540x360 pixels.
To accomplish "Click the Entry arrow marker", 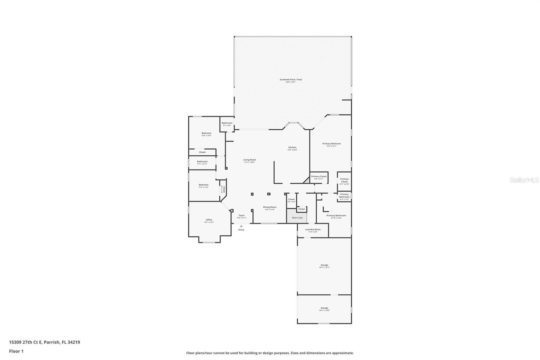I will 241,226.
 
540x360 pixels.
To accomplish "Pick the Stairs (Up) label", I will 297,218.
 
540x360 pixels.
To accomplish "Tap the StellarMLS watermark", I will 524,180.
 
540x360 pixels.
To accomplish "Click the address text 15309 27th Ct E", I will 45,342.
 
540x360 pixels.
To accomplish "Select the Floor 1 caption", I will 16,351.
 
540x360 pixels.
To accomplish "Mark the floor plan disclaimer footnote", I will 270,353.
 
